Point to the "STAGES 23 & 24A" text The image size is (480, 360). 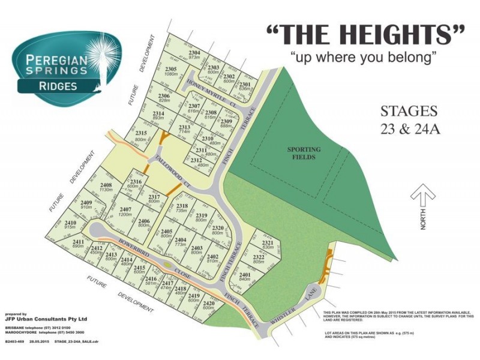(410, 120)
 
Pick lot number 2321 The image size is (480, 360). (268, 243)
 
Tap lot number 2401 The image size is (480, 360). (244, 275)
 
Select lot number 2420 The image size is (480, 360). (208, 304)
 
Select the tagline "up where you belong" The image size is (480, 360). (363, 58)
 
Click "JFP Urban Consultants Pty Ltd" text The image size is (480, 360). (46, 319)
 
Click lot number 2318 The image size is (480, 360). (182, 206)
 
